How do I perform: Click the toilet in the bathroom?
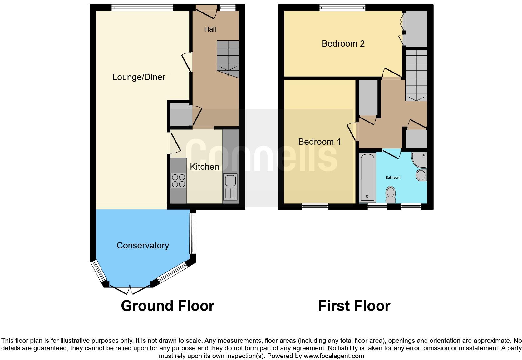point(391,194)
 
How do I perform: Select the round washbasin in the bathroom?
point(421,175)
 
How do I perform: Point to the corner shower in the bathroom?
point(419,160)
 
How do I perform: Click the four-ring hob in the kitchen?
point(178,180)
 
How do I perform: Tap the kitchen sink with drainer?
point(230,187)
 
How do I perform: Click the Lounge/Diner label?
point(139,77)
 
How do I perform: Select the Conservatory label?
point(143,246)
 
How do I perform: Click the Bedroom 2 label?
point(343,43)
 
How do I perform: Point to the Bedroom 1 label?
point(319,142)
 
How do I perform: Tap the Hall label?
point(210,29)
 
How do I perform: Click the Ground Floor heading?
point(167,306)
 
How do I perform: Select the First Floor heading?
point(354,306)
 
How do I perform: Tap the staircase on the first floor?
point(416,75)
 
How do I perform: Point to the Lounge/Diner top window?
point(142,8)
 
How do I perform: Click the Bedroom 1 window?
point(315,206)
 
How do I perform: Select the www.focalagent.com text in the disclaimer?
point(334,356)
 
